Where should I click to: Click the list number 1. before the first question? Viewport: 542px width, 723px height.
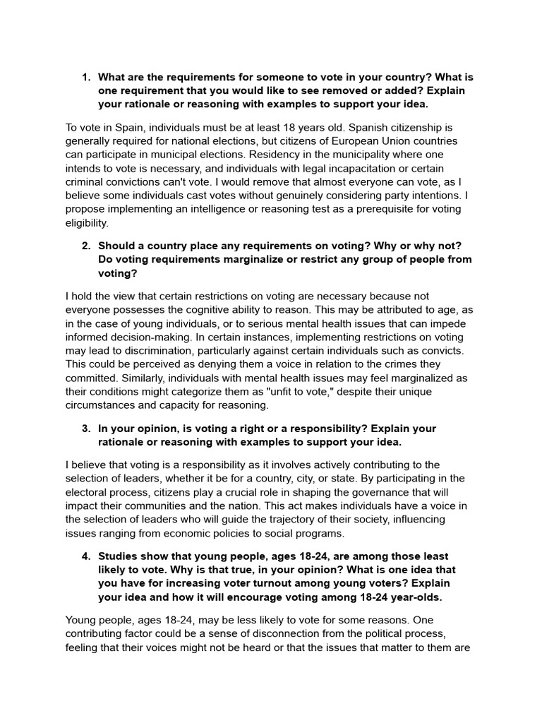(x=86, y=77)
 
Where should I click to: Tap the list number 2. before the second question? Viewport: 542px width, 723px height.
(x=86, y=245)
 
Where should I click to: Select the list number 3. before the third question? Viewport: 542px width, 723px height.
(x=86, y=429)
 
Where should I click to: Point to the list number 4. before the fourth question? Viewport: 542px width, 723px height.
(x=86, y=556)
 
